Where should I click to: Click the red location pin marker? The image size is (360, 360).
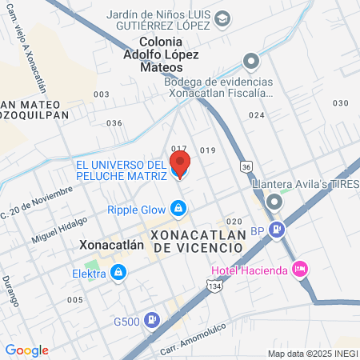[x=180, y=166]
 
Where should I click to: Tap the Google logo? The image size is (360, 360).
[x=26, y=350]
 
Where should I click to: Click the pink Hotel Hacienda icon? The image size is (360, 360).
[x=300, y=269]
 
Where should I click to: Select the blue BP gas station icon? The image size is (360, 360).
[x=277, y=230]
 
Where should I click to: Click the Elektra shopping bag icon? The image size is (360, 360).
[x=118, y=274]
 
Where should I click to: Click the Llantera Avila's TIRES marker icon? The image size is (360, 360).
[x=275, y=198]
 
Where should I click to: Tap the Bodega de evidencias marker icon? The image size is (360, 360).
[x=252, y=61]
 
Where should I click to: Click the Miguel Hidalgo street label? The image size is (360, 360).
[x=59, y=230]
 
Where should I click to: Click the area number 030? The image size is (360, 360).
[x=341, y=103]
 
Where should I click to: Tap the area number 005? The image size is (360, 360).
[x=74, y=300]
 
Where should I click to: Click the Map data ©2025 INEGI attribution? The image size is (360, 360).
[x=313, y=354]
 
